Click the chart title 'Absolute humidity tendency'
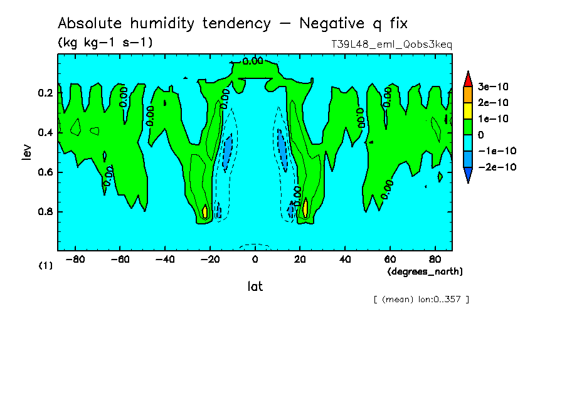164,24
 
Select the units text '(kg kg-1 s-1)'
105,43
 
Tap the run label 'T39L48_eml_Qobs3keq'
391,45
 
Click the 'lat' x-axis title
255,286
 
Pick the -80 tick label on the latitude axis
75,259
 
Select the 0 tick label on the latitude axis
255,259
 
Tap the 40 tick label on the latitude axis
344,259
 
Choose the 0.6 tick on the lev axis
45,172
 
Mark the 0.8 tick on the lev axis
45,212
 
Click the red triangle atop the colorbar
468,78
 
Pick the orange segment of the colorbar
468,94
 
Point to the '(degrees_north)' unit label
425,271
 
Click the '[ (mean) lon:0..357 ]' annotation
421,299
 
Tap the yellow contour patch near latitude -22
205,211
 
